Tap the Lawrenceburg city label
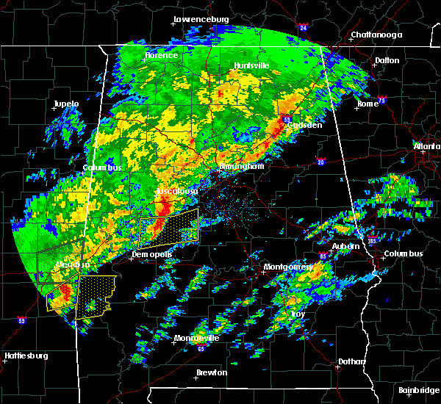(201, 19)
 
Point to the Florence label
(161, 55)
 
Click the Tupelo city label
(66, 104)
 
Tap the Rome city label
(367, 104)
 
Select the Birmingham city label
(241, 167)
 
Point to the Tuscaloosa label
(176, 191)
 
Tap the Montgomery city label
(289, 267)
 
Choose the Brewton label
(212, 372)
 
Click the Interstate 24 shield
(303, 29)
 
